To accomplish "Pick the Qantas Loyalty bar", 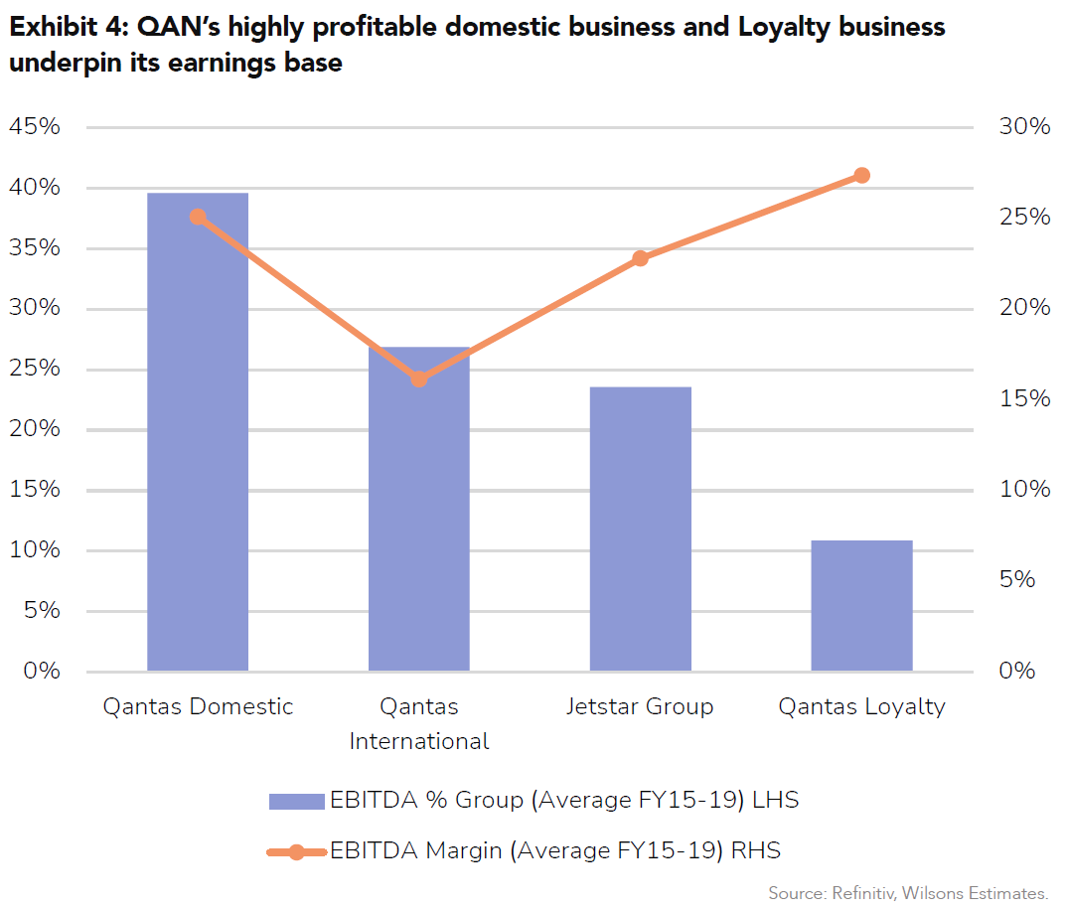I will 861,606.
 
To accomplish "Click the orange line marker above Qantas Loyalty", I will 861,176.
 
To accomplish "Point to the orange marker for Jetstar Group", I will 641,258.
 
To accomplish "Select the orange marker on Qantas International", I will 419,379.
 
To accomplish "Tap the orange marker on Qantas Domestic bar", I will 198,217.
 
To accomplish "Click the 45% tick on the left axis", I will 35,127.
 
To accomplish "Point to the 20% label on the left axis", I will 35,429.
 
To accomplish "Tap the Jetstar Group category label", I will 640,707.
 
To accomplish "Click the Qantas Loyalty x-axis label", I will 861,707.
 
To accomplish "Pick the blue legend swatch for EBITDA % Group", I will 296,802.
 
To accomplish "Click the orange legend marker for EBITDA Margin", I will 296,851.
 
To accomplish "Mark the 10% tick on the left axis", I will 35,550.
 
